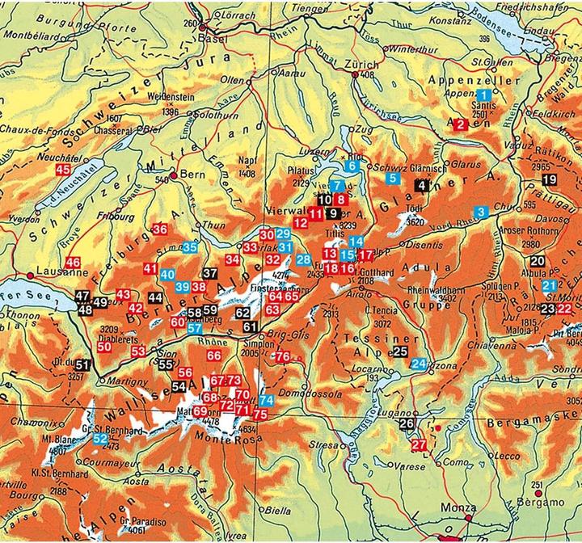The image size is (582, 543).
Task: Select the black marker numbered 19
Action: (x=550, y=179)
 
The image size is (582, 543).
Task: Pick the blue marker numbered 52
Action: (x=100, y=438)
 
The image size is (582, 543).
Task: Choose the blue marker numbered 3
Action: (x=480, y=213)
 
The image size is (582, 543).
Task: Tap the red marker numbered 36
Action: (x=159, y=229)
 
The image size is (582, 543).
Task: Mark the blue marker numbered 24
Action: (x=418, y=364)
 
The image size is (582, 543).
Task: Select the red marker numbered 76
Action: (x=281, y=356)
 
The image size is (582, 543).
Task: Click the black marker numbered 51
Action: (x=82, y=365)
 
